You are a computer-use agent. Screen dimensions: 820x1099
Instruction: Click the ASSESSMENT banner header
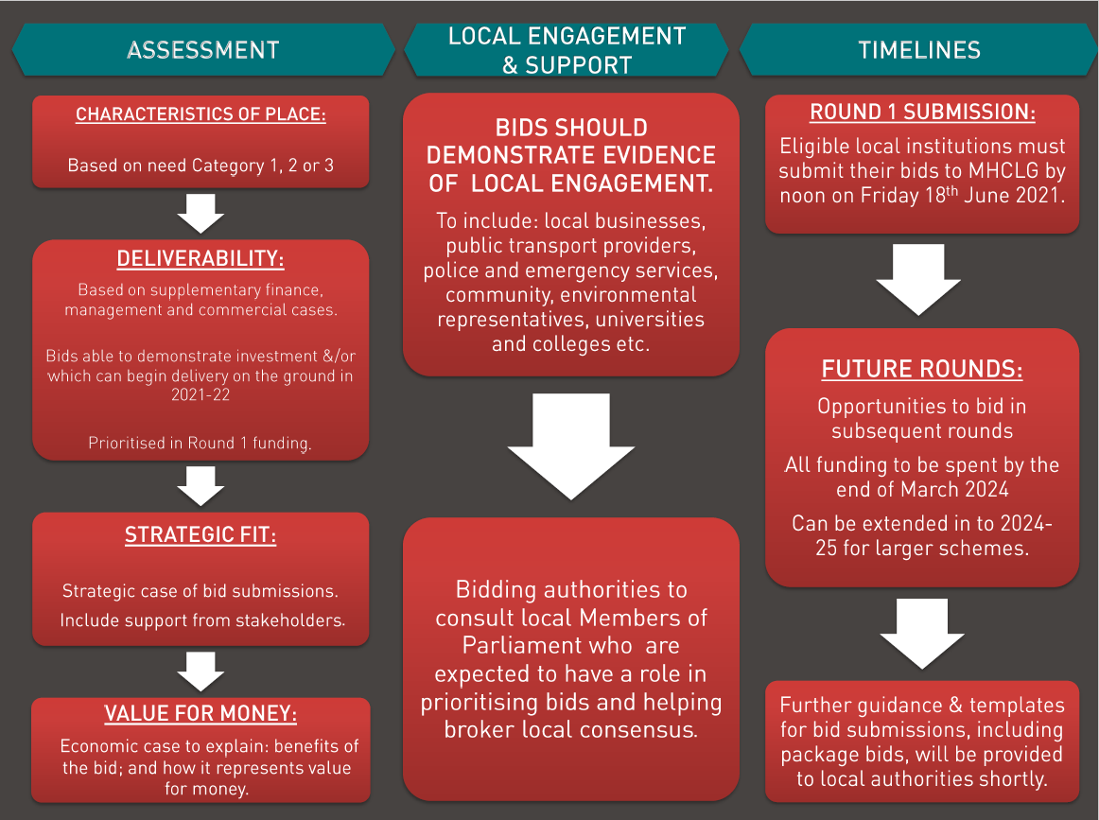[202, 50]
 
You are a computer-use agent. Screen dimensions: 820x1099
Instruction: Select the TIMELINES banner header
[918, 50]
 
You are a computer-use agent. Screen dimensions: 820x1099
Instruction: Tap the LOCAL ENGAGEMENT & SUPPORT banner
[567, 50]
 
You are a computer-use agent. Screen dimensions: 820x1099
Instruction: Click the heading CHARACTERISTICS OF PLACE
[201, 114]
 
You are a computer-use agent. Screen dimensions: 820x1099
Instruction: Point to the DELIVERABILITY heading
[201, 259]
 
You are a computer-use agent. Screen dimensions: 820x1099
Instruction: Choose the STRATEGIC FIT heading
[201, 536]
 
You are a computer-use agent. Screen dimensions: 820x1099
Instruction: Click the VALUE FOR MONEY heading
[201, 714]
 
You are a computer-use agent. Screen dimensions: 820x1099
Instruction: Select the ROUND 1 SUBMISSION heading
[922, 113]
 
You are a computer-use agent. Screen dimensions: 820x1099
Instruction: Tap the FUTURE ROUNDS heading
[922, 369]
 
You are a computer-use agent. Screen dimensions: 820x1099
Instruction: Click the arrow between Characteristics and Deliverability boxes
[201, 214]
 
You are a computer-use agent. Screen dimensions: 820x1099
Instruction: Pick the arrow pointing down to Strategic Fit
[201, 486]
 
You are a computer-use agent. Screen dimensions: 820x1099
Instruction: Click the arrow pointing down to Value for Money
[201, 672]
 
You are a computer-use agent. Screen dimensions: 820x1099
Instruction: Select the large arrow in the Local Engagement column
[570, 445]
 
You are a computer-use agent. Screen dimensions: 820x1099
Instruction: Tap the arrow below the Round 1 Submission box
[918, 279]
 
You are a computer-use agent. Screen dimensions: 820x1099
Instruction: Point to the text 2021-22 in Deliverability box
[201, 394]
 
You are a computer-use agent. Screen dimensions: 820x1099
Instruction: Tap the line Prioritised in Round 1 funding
[201, 443]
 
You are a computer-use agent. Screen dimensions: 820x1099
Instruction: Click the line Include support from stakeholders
[202, 620]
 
